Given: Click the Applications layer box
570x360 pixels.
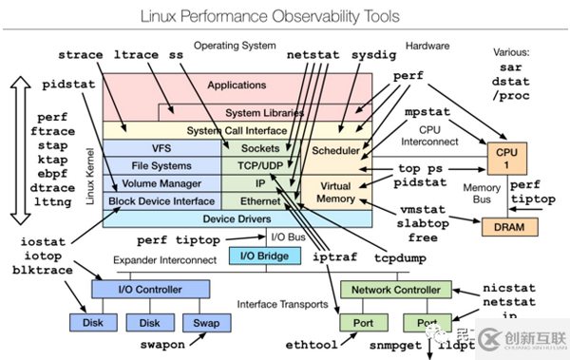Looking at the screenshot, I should tap(237, 86).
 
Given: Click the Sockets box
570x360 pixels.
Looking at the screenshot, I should tap(260, 148).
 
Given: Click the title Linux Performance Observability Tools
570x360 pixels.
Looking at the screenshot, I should tap(285, 17).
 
